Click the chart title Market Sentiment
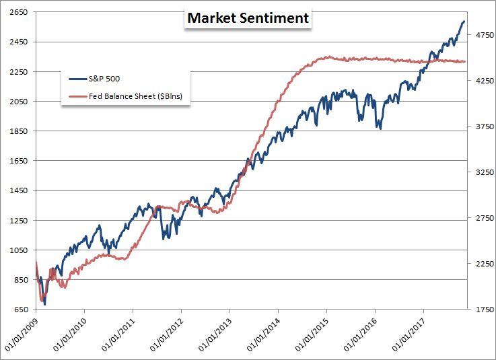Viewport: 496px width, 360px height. point(248,18)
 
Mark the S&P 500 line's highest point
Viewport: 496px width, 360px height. point(464,22)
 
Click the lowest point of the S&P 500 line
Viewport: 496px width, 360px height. point(45,304)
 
